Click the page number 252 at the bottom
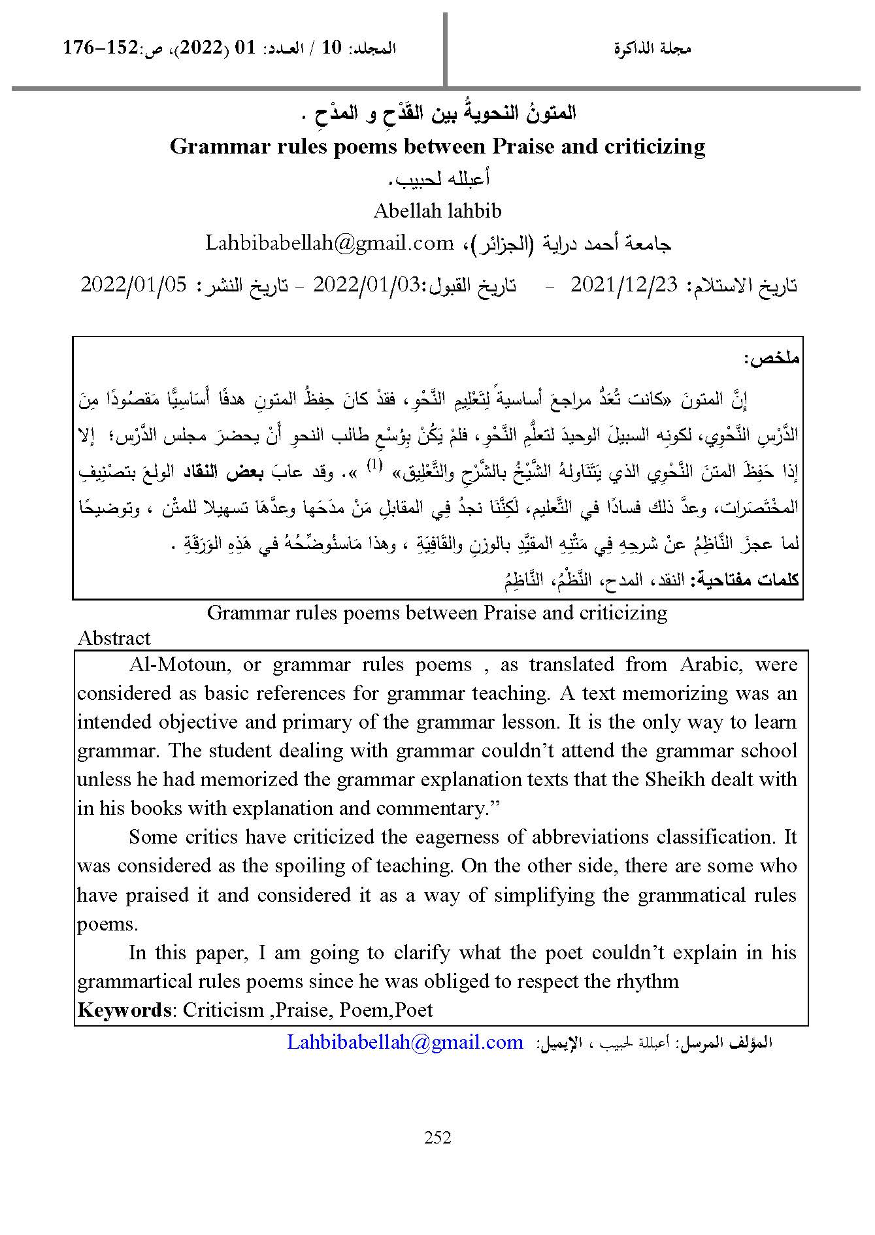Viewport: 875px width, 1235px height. tap(437, 1138)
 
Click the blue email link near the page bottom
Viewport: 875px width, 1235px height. tap(405, 1042)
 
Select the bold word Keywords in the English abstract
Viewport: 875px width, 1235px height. tap(124, 1010)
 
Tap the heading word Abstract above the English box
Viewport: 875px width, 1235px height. tap(114, 638)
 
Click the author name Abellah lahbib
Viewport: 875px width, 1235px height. tap(437, 210)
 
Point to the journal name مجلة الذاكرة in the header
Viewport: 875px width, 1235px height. tap(652, 48)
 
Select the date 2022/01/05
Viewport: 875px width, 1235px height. tap(133, 285)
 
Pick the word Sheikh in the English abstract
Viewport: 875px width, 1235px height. tap(674, 779)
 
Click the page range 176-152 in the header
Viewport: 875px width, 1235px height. tap(101, 48)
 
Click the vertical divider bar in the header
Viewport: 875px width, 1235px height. tap(445, 49)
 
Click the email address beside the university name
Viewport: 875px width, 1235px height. tap(329, 243)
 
